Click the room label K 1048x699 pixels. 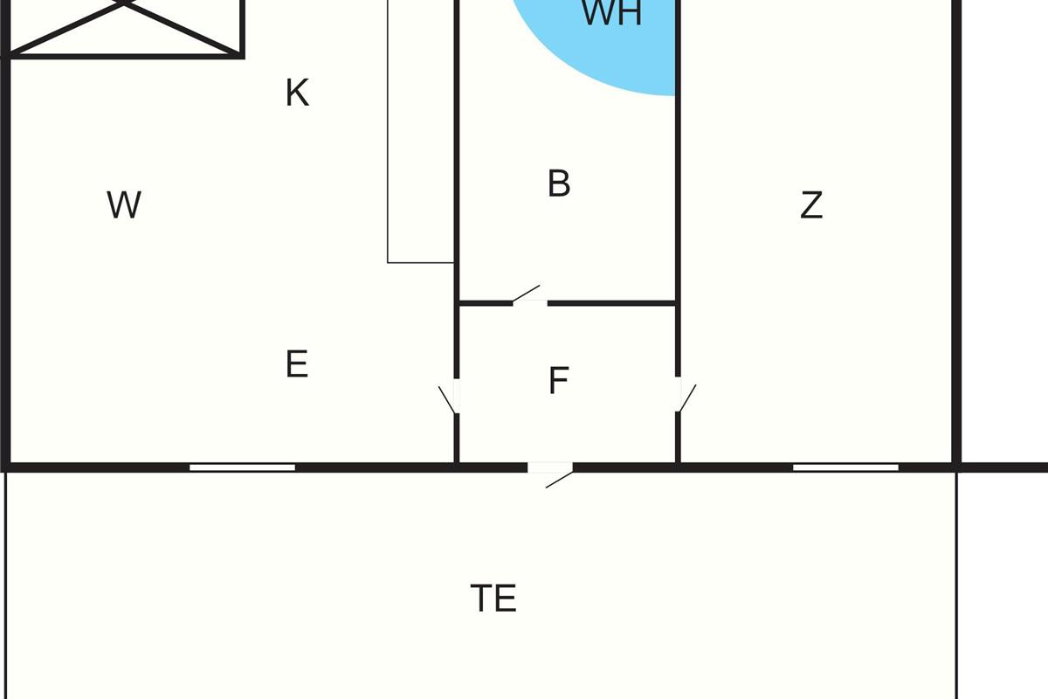tap(297, 93)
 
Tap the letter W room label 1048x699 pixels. tap(124, 205)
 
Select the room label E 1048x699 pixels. tap(297, 363)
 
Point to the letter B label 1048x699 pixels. tap(559, 184)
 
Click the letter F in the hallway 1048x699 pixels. tap(559, 381)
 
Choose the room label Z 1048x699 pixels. tap(811, 205)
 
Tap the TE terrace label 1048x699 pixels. tap(493, 599)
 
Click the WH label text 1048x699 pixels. tap(611, 14)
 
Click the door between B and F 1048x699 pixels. tap(528, 297)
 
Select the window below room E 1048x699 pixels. tap(242, 467)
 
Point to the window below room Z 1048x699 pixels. tap(845, 467)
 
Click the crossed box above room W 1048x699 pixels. tap(124, 26)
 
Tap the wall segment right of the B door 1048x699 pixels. tap(611, 303)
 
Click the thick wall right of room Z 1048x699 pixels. tap(956, 236)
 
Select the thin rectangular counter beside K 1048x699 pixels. tap(421, 131)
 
